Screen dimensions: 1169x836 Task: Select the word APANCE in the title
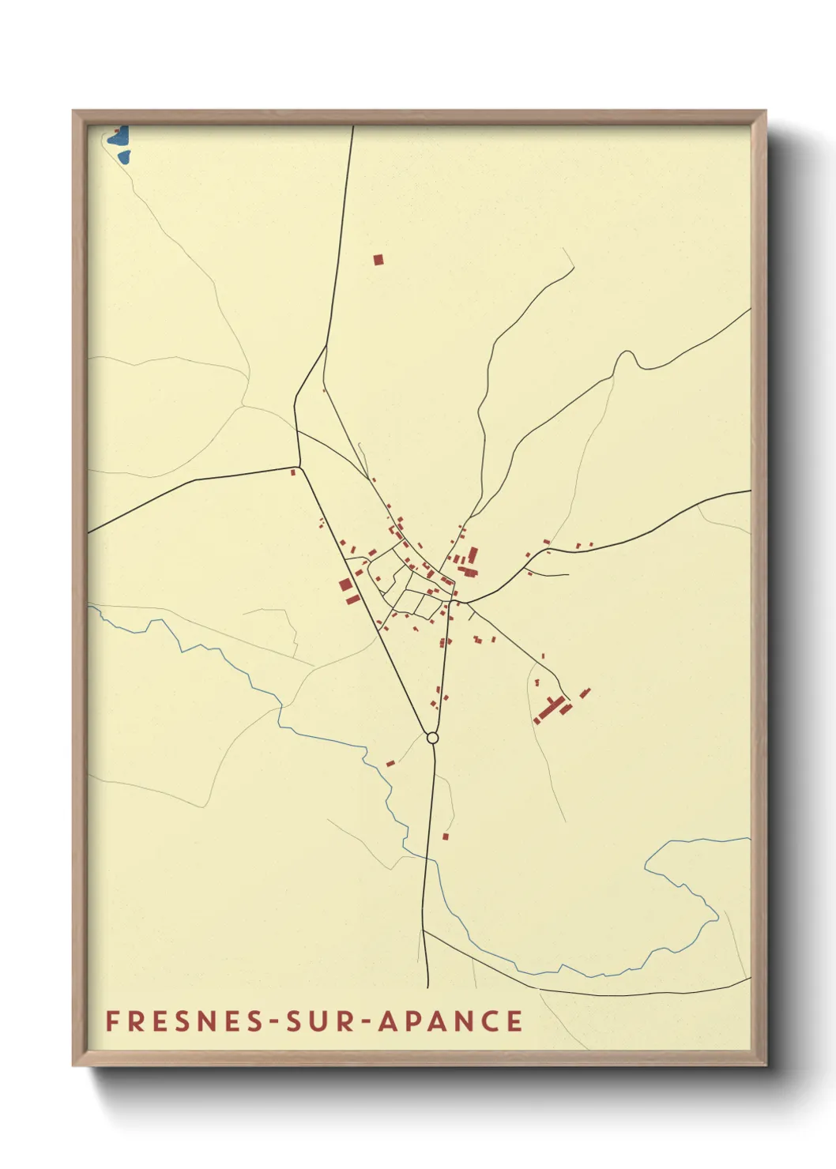450,1021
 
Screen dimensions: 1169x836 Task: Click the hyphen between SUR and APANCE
366,1022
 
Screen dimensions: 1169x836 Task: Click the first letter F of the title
112,1021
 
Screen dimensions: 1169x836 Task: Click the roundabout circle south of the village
432,738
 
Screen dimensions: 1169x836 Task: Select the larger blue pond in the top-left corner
119,137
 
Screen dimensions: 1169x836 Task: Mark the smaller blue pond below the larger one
123,157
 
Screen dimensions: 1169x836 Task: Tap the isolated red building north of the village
378,259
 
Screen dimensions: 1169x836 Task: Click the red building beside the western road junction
293,472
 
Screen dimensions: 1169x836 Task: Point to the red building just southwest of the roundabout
390,763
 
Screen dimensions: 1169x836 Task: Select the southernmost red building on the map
446,836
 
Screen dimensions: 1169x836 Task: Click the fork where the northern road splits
326,345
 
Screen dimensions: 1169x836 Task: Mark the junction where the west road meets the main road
300,466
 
